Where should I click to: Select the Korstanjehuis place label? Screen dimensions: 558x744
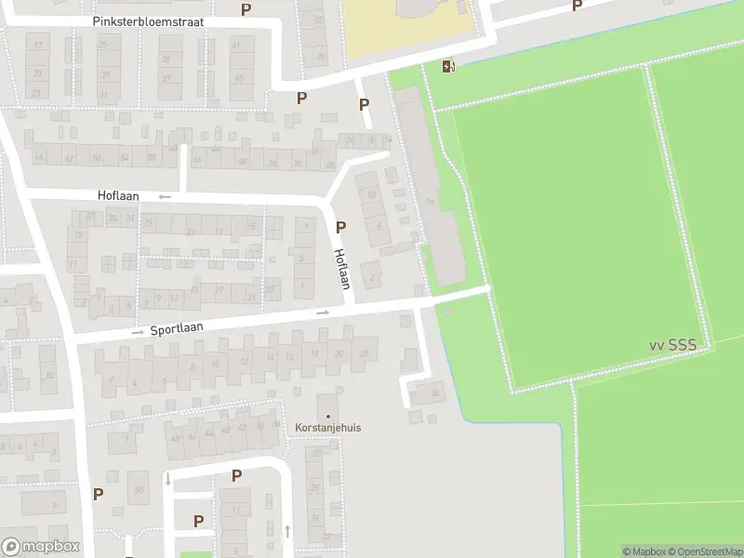(327, 428)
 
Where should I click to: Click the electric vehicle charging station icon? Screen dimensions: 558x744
(449, 65)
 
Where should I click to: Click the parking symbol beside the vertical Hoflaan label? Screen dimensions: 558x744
(340, 227)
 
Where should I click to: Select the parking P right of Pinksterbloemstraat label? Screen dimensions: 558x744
(246, 9)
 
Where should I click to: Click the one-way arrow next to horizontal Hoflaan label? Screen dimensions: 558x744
(165, 196)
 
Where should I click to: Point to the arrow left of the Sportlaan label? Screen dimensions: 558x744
(138, 331)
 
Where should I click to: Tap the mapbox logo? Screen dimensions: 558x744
(41, 547)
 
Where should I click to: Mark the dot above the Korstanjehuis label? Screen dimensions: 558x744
(327, 415)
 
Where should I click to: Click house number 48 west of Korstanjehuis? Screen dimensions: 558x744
(175, 438)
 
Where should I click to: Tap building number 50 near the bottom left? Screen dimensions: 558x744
(139, 489)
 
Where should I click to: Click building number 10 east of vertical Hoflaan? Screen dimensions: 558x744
(371, 195)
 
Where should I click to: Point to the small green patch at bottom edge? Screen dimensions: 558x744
(195, 554)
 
